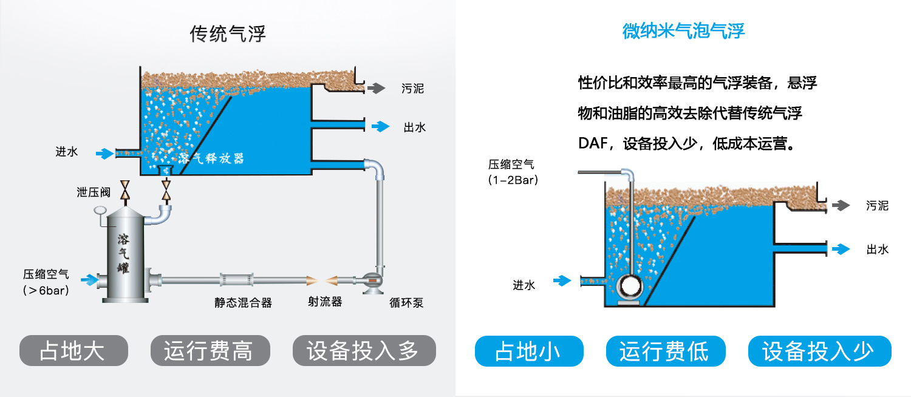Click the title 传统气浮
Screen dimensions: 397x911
[228, 34]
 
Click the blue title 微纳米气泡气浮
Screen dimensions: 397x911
[683, 31]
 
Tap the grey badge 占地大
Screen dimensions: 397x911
[73, 350]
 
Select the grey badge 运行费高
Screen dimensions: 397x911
[210, 350]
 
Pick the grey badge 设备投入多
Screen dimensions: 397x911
[364, 350]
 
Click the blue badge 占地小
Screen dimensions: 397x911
[528, 351]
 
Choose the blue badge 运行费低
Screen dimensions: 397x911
[666, 351]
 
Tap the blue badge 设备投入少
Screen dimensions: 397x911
[819, 351]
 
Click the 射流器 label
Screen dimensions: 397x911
[325, 302]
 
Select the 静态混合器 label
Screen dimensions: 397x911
[243, 302]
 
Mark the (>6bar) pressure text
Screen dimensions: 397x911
[46, 291]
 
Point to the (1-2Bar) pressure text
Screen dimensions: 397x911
[513, 180]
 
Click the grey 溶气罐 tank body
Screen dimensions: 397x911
[123, 255]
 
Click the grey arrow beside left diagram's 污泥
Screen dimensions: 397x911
[376, 88]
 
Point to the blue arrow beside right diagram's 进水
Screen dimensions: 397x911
[562, 280]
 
